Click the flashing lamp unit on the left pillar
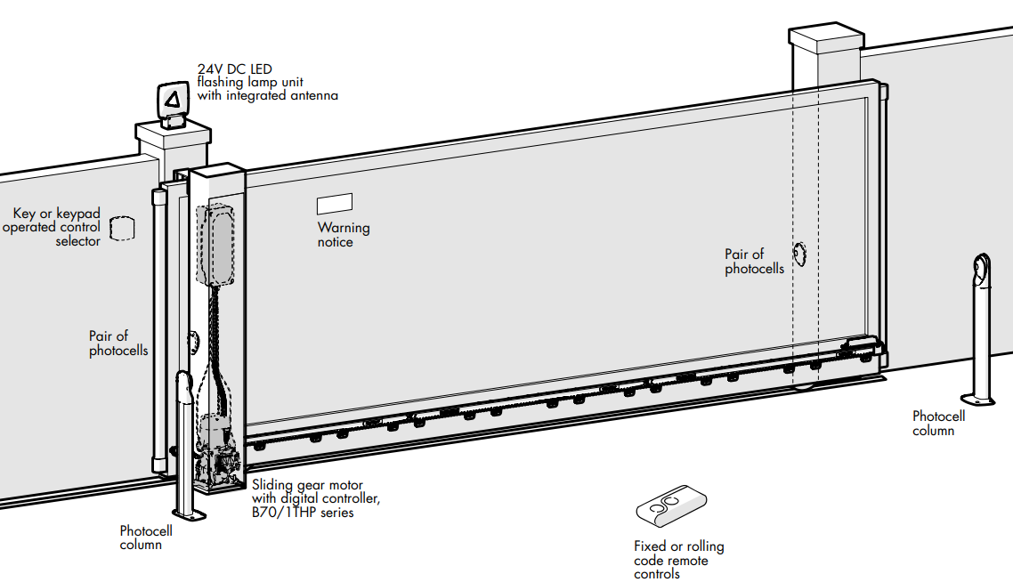(174, 101)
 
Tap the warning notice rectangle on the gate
(335, 204)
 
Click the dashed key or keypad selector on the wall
(122, 229)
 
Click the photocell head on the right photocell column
(980, 271)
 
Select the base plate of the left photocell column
(190, 514)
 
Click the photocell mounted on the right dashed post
(799, 255)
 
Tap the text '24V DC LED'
(235, 69)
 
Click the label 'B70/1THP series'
(303, 513)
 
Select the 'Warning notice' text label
(344, 235)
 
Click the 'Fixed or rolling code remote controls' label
(678, 560)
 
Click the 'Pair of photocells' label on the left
(118, 344)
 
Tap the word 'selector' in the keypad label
(78, 241)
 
